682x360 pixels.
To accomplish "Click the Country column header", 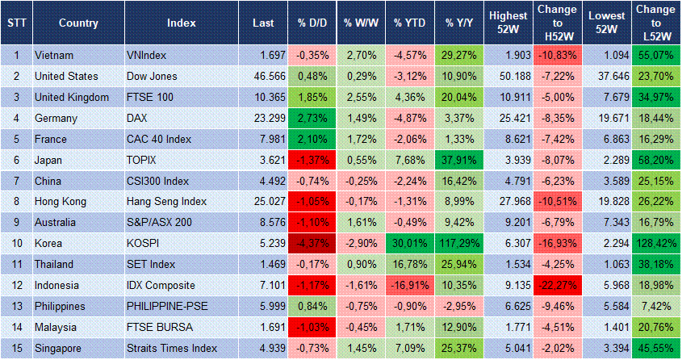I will tap(78, 23).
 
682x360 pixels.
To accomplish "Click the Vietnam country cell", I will tap(55, 55).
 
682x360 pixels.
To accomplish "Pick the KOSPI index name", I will tap(143, 244).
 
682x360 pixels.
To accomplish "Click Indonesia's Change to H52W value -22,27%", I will tap(558, 286).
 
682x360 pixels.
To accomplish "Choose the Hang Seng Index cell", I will tap(166, 202).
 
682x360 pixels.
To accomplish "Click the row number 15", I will tap(15, 349).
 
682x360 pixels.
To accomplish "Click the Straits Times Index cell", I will tap(172, 349).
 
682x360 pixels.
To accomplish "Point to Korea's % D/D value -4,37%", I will tap(311, 244).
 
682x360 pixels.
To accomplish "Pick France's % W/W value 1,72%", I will tap(361, 139).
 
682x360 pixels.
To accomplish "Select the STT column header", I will tap(15, 23).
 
